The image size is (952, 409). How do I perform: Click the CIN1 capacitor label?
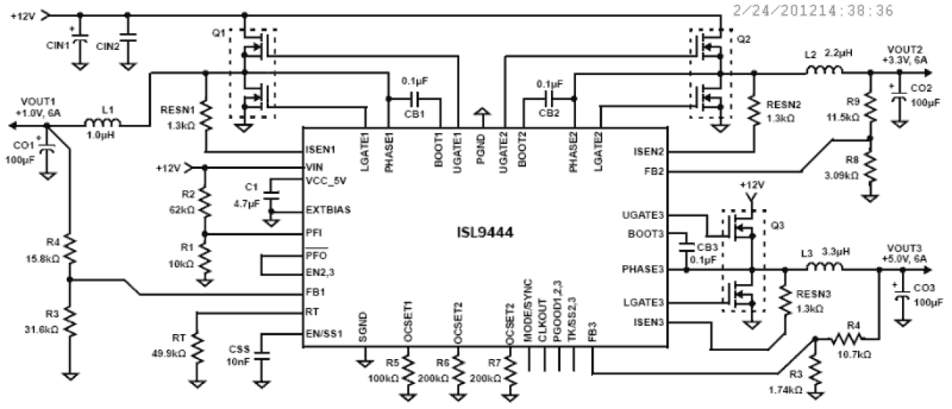[58, 45]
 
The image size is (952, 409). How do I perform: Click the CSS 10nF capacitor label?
[236, 355]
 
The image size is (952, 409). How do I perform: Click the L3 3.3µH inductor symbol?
[825, 267]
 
